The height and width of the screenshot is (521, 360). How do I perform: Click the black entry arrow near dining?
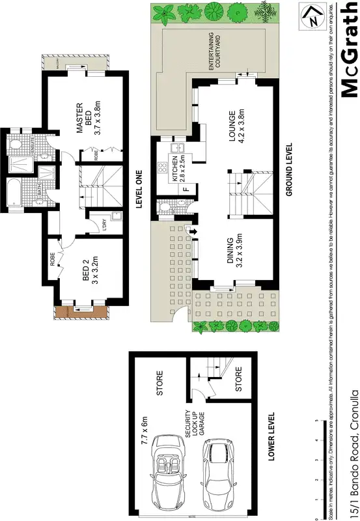pyautogui.click(x=193, y=231)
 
